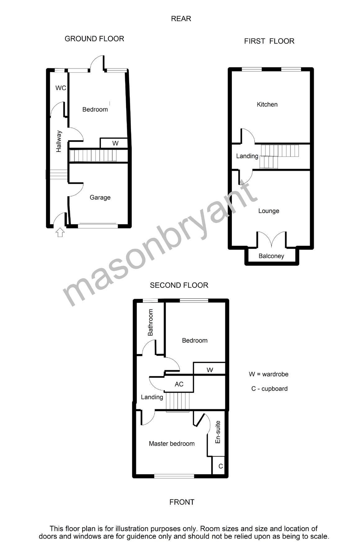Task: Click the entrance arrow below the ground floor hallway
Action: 60,232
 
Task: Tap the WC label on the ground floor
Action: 61,88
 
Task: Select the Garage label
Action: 100,198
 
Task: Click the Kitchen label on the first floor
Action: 267,105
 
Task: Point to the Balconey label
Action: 271,256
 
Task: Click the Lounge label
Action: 269,211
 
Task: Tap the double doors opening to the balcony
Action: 272,239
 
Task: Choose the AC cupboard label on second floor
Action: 179,384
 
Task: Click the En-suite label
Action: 218,432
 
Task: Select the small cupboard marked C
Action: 221,466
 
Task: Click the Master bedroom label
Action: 172,444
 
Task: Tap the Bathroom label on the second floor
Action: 151,322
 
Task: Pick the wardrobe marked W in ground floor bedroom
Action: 115,143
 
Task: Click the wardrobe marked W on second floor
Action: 210,370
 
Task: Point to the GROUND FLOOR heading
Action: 94,39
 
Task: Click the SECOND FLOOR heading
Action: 179,285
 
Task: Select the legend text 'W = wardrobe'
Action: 268,375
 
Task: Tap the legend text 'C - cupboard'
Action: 269,389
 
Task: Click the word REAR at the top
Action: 181,19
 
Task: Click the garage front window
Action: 98,225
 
